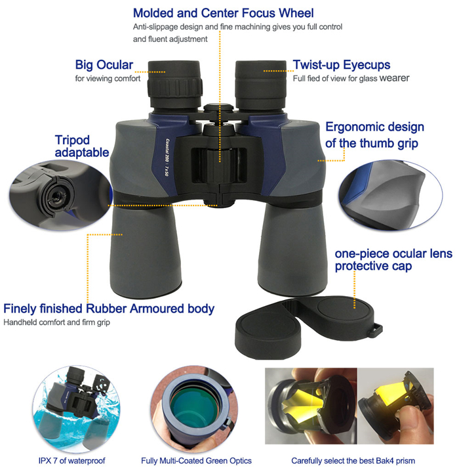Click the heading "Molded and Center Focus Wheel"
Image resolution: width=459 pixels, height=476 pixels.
223,13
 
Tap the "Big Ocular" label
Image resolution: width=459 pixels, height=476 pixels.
104,65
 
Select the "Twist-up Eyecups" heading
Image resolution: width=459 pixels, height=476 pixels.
342,65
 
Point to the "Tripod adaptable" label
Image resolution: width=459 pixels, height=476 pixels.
82,146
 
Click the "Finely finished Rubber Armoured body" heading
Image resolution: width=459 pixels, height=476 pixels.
109,309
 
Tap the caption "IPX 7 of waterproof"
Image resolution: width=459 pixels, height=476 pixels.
71,461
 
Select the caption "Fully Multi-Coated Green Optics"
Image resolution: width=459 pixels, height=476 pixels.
196,461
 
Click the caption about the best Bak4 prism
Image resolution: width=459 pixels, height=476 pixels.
353,461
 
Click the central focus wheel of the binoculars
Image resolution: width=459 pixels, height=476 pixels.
219,165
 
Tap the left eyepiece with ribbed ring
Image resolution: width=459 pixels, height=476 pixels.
174,84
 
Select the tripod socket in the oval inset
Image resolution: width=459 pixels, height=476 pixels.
56,196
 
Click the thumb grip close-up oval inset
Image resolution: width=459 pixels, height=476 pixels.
391,195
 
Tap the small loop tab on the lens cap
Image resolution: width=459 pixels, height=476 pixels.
376,330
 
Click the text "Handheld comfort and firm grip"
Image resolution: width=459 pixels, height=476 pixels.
56,322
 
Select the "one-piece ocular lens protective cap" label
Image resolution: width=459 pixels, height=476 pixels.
393,260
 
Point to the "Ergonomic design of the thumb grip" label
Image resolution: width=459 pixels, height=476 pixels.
374,135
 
